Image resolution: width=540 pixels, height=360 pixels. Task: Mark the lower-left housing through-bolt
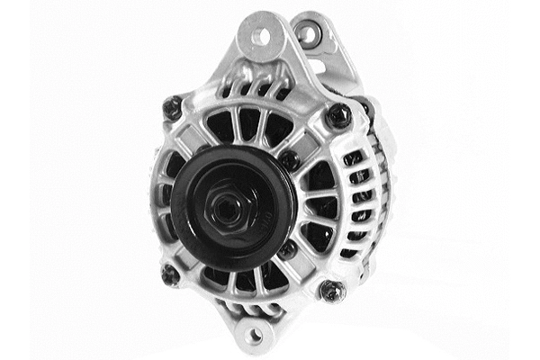[x=168, y=272]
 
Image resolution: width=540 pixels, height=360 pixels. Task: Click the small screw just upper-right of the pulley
[x=288, y=159]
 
